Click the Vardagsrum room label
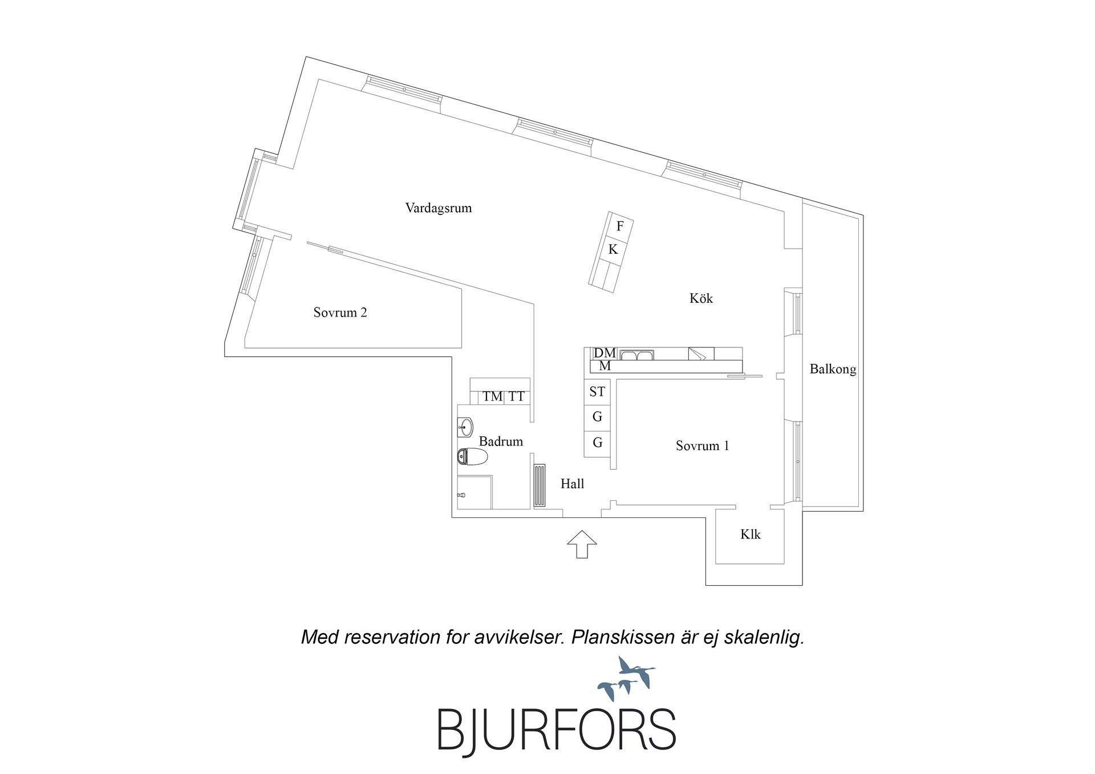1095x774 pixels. click(x=439, y=208)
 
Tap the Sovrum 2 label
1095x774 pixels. click(x=340, y=313)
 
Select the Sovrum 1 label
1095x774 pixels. click(x=702, y=446)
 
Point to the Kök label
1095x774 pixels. click(x=701, y=298)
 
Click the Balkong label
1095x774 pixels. click(x=833, y=370)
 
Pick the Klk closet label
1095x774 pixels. click(x=751, y=534)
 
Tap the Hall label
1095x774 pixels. click(x=572, y=484)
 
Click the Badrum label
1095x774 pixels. click(x=501, y=441)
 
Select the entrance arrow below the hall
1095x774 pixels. click(x=582, y=544)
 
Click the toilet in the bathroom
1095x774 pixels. click(x=473, y=457)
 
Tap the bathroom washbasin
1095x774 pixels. click(x=465, y=427)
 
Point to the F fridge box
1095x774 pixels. click(x=620, y=226)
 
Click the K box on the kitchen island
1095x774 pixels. click(x=613, y=249)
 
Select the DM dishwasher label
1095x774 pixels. click(x=605, y=353)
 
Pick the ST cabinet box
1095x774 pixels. click(x=597, y=392)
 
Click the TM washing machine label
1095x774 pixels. click(x=493, y=397)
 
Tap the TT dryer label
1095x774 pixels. click(x=517, y=397)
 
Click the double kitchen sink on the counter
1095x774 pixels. click(x=637, y=355)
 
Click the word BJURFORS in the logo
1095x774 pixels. click(x=557, y=729)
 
